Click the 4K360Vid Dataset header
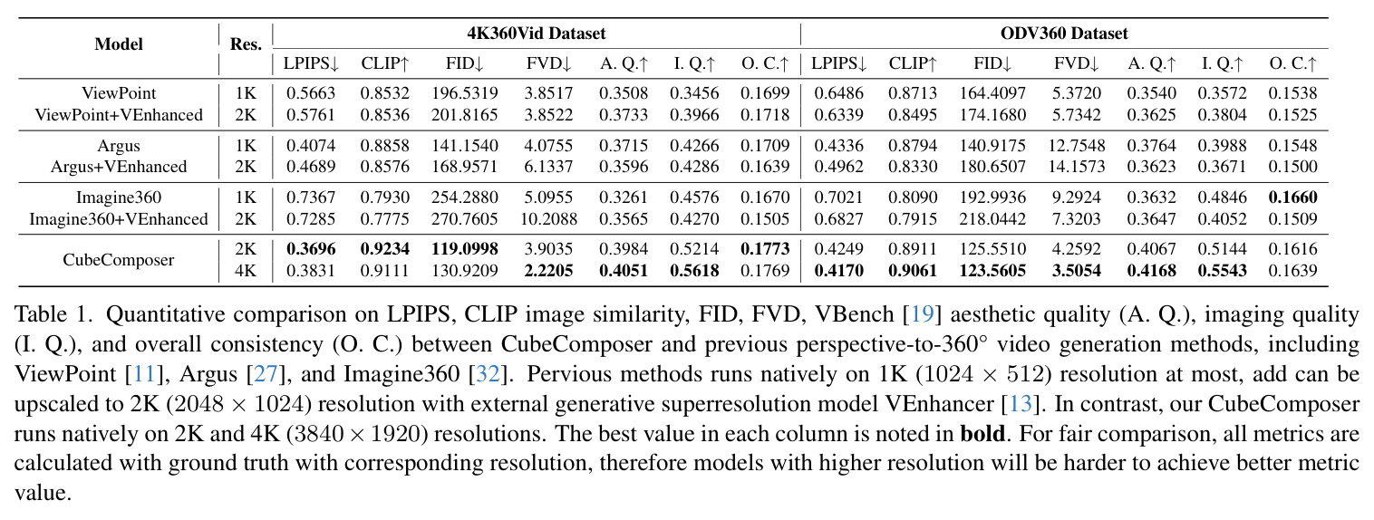537,34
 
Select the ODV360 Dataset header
1064,34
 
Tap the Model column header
119,44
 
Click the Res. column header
246,44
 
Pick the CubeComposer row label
119,260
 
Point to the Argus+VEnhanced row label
119,167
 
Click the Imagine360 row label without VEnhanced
119,197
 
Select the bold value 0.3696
311,249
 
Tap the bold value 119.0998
464,249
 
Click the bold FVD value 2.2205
548,271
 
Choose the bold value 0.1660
1292,197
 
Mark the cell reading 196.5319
464,93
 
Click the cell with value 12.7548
1076,146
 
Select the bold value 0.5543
1222,271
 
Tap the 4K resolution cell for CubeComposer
246,271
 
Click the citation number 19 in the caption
922,314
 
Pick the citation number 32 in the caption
488,374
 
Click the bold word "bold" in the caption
982,434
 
